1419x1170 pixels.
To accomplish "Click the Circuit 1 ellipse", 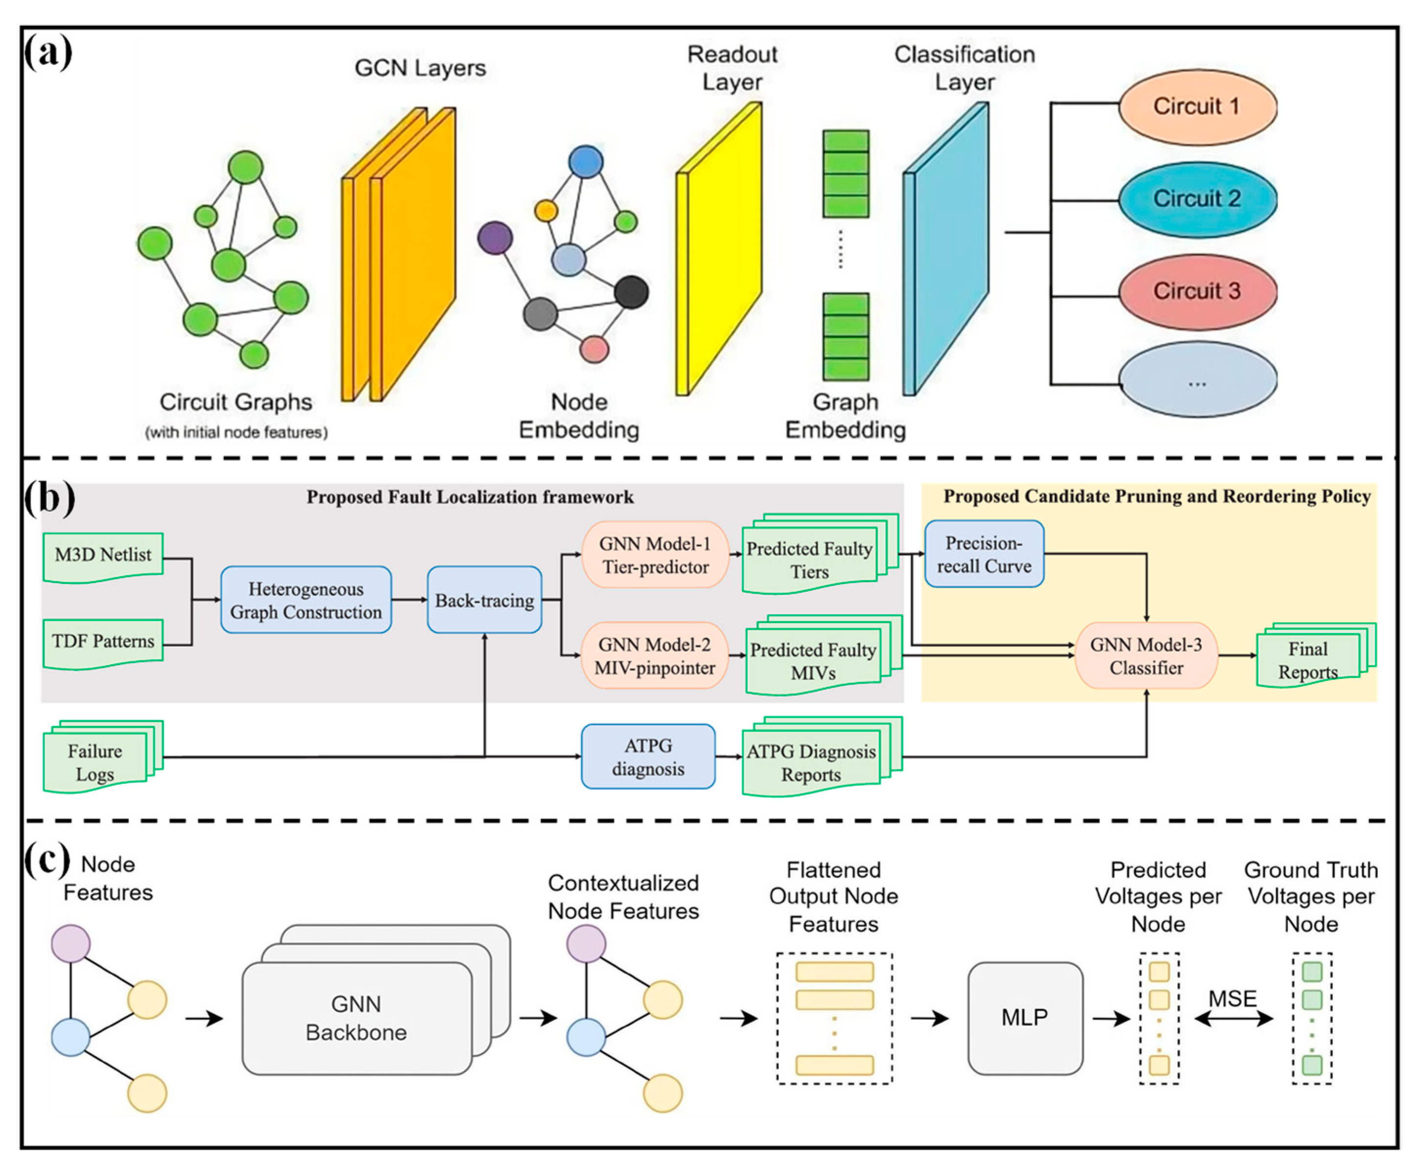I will (x=1197, y=107).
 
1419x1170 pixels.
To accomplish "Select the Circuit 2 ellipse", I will (x=1197, y=199).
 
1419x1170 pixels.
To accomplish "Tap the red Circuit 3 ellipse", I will (x=1197, y=291).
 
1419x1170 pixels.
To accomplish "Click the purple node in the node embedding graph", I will (x=495, y=238).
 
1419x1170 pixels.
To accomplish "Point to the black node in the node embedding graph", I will (x=632, y=292).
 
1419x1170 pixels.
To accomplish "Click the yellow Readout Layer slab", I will (x=720, y=249).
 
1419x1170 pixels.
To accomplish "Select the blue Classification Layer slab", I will (x=946, y=249).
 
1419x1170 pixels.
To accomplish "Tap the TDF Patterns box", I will (x=103, y=642).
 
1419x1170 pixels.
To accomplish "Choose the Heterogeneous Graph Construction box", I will (x=306, y=600).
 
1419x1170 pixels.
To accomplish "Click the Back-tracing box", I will (x=484, y=600).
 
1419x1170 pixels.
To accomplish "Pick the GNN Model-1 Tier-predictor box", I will (x=655, y=555).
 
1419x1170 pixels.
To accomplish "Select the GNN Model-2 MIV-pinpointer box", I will (x=655, y=656).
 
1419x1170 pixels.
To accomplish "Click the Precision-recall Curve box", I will (x=984, y=554).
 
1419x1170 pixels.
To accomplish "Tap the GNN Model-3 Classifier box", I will (x=1146, y=656).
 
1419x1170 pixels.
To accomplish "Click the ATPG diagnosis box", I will (x=648, y=757).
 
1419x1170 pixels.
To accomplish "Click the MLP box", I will (x=1025, y=1018).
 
